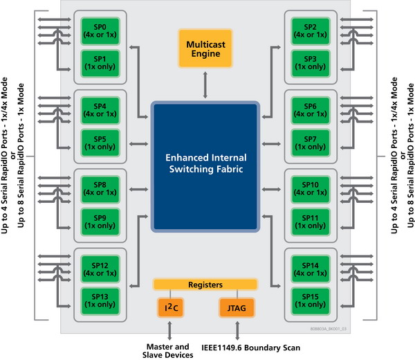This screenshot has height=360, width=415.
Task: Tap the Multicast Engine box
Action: tap(206, 48)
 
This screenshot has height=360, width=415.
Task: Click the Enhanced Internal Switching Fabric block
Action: tap(206, 166)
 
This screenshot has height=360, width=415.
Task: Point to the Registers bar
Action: tap(205, 285)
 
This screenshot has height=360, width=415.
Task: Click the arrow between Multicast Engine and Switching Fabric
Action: tap(206, 85)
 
